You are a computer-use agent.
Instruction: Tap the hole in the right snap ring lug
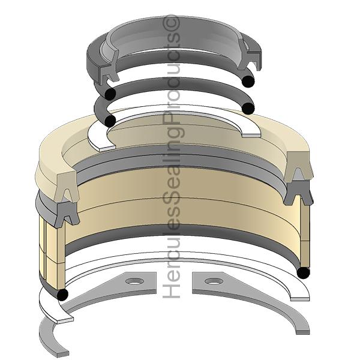point(211,281)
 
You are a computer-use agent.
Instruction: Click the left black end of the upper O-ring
point(109,95)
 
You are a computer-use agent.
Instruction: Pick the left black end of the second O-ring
point(110,121)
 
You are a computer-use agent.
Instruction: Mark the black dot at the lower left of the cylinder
point(62,294)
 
